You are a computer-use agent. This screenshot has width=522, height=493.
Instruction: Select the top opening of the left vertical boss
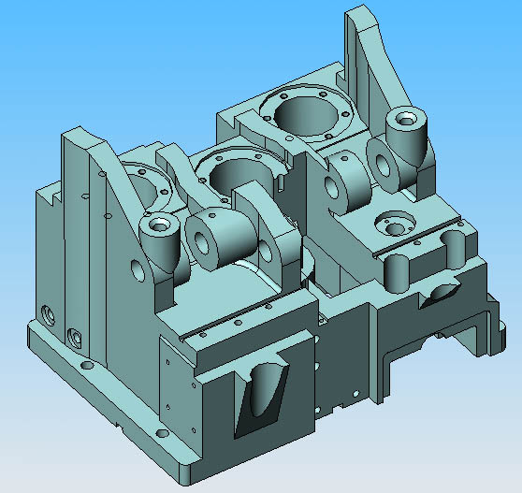(x=157, y=225)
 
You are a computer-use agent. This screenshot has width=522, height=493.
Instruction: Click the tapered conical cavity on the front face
(x=262, y=393)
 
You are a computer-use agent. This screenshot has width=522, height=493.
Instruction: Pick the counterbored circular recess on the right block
(x=390, y=225)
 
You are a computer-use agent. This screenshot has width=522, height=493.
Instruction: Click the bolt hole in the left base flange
(x=87, y=366)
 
